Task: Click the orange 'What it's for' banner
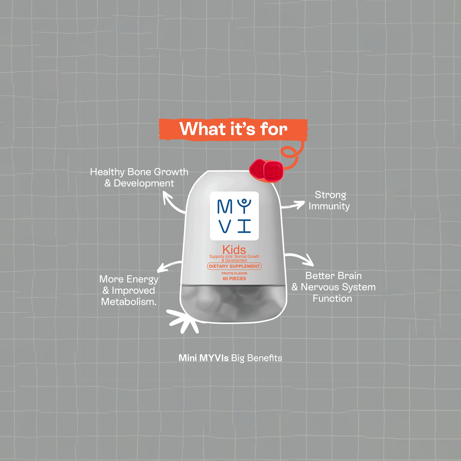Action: point(233,129)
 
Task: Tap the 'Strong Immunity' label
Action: point(329,200)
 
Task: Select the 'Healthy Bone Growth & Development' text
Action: point(139,177)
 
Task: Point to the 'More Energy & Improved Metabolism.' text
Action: point(129,290)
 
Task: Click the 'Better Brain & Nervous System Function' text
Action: point(333,287)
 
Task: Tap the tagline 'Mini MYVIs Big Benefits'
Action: point(230,358)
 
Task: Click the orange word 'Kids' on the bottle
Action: point(234,250)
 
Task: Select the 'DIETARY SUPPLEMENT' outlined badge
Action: point(234,266)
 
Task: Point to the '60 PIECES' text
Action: point(234,278)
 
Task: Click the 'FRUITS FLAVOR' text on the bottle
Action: point(234,274)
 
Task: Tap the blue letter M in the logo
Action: point(225,207)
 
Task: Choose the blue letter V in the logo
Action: point(225,226)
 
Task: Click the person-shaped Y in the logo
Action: point(244,206)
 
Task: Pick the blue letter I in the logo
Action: point(244,226)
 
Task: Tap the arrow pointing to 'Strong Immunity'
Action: point(293,205)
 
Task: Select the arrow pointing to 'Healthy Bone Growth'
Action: point(173,203)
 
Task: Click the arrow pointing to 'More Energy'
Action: point(169,266)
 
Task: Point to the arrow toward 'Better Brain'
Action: point(301,257)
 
